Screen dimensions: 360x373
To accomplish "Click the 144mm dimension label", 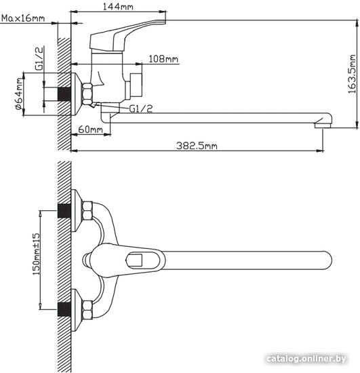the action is [118, 7].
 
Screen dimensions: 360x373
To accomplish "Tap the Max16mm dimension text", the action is [23, 18].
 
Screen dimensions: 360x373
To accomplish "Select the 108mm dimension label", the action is [163, 59].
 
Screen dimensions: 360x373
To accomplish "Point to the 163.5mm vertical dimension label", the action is [352, 74].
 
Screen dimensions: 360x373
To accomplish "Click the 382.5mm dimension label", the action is [197, 145].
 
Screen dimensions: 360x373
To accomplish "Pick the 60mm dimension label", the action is [91, 130].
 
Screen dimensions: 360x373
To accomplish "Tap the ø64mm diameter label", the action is [19, 94].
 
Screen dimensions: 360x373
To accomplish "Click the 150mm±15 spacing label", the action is [37, 254].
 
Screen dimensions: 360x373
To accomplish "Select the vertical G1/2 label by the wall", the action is [39, 58].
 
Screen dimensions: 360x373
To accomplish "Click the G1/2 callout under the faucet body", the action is [141, 109].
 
